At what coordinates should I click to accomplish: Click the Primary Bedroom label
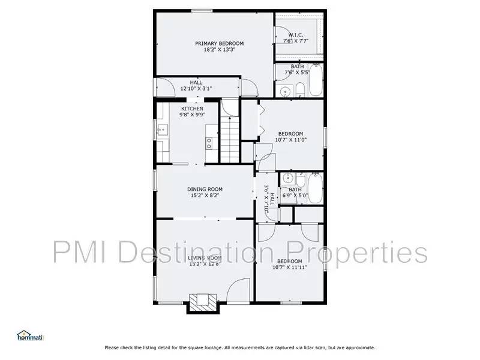coord(219,43)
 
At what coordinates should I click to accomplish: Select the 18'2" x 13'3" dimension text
coord(219,50)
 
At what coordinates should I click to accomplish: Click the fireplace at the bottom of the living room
coord(199,302)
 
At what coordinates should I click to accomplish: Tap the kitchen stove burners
coord(209,143)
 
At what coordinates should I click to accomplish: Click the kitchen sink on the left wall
coord(161,128)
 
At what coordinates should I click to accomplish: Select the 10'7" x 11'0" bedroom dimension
coord(290,140)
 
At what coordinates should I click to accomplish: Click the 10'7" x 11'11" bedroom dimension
coord(290,268)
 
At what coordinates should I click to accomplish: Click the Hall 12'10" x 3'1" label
coord(196,86)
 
